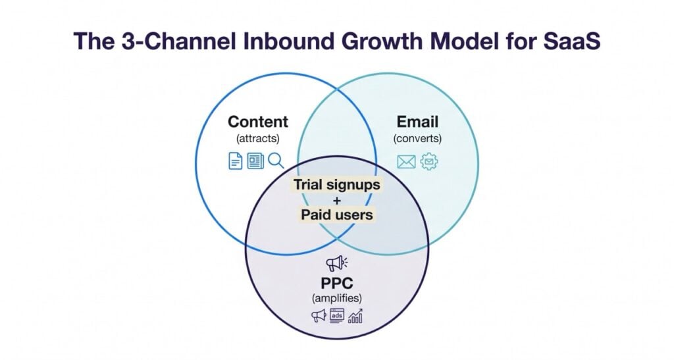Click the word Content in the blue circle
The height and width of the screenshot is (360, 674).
click(x=258, y=122)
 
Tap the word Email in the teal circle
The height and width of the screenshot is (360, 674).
click(x=417, y=122)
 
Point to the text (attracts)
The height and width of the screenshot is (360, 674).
click(x=257, y=139)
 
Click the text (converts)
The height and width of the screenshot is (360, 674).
click(x=417, y=139)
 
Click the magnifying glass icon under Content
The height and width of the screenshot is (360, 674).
click(x=276, y=161)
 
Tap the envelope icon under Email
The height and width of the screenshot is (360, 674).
click(x=406, y=161)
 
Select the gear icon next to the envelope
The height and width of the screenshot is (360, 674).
click(x=429, y=161)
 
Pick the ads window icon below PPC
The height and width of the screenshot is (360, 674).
click(x=337, y=317)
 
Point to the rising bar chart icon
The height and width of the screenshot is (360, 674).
click(x=356, y=317)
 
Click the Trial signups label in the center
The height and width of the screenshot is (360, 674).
click(x=337, y=185)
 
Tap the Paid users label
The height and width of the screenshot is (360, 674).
click(x=337, y=215)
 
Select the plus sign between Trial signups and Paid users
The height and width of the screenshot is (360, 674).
click(x=337, y=200)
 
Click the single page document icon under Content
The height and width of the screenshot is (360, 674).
click(x=235, y=161)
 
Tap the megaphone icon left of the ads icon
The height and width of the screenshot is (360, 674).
click(x=319, y=317)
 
